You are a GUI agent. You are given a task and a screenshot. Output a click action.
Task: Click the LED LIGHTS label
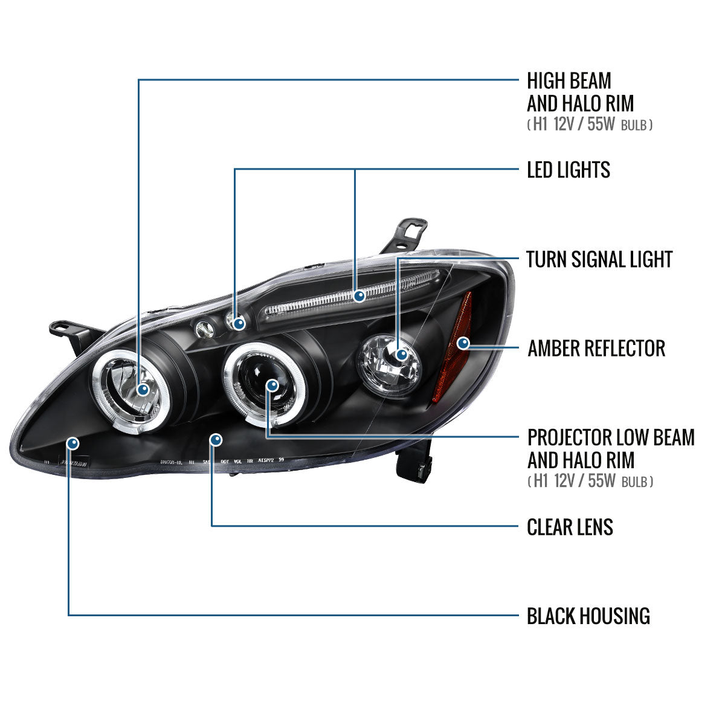tap(568, 170)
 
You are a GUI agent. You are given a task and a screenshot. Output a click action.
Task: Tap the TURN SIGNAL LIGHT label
tap(599, 259)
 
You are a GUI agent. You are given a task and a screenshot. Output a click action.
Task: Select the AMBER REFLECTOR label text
tap(596, 349)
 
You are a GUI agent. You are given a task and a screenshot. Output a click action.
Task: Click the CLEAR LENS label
tap(570, 527)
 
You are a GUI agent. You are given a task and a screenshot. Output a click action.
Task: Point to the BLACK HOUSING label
tap(588, 616)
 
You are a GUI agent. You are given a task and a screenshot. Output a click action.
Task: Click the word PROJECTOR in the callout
tap(570, 437)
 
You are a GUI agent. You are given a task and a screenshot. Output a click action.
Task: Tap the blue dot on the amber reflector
tap(463, 343)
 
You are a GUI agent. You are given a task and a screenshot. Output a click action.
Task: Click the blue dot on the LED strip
tap(359, 296)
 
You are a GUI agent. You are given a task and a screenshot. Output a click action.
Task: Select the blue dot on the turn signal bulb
tap(402, 354)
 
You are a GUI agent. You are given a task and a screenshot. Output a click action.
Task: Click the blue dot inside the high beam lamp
tap(143, 390)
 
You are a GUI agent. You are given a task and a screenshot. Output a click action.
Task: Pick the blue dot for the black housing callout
tap(73, 443)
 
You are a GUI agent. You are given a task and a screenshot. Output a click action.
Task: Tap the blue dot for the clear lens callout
tap(216, 439)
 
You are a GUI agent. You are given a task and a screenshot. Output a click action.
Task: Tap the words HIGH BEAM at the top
tap(569, 81)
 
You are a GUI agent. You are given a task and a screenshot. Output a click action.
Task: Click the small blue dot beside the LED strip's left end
tap(239, 323)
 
